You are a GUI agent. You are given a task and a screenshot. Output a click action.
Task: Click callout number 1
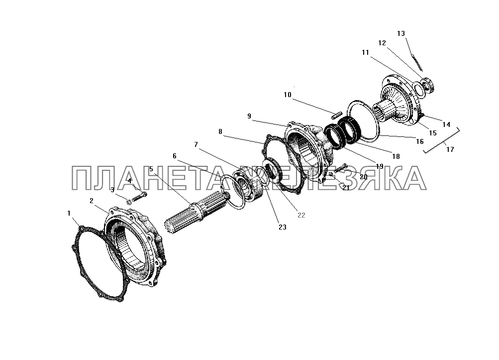tap(69, 213)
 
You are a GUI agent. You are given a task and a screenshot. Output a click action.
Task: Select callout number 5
tap(151, 169)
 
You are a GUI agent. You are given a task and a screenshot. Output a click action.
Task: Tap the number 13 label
tap(401, 33)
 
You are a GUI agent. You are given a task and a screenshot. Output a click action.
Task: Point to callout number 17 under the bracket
tap(450, 149)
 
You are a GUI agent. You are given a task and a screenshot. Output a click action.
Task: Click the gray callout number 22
tap(301, 215)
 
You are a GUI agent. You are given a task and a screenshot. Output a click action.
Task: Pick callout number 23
tap(282, 227)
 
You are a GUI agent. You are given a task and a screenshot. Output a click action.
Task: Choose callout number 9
tap(249, 116)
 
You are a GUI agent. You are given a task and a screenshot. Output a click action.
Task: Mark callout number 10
tap(288, 95)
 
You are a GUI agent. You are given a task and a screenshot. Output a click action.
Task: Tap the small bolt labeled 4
tap(140, 197)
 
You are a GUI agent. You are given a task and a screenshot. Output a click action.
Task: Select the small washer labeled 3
tap(129, 202)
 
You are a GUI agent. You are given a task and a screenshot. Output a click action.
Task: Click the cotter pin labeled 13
tap(417, 63)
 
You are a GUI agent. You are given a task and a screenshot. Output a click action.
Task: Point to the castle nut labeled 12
tap(428, 85)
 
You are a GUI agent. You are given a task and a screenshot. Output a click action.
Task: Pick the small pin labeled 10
tap(336, 115)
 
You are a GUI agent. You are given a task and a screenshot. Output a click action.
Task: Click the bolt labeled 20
tap(340, 168)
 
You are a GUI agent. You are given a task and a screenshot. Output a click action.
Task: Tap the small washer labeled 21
tap(331, 174)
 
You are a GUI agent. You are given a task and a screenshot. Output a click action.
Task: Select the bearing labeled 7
tap(248, 185)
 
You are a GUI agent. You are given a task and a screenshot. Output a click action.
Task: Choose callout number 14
tap(446, 124)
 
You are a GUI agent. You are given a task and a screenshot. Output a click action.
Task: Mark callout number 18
tap(396, 156)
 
